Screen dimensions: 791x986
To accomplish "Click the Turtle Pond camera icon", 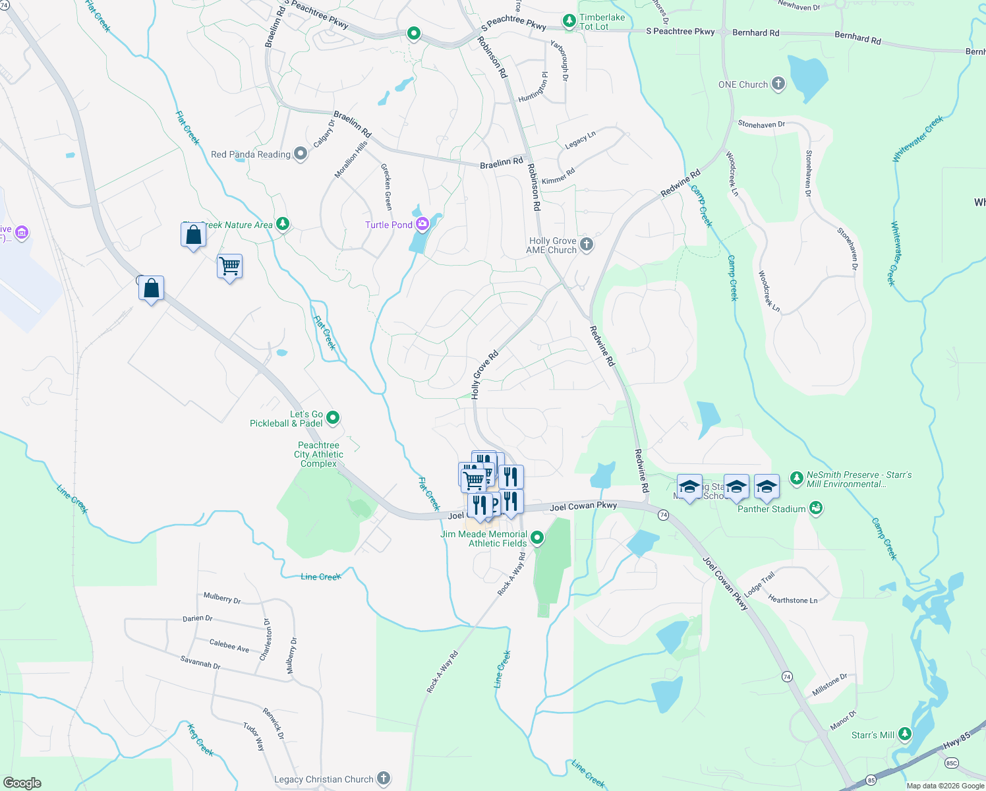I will pyautogui.click(x=422, y=224).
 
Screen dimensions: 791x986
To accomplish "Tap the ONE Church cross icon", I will pyautogui.click(x=778, y=84).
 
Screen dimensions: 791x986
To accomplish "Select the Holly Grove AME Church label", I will pyautogui.click(x=552, y=245).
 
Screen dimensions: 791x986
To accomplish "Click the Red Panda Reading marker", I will pyautogui.click(x=301, y=154).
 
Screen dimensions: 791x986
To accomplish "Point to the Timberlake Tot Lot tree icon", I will pyautogui.click(x=569, y=22).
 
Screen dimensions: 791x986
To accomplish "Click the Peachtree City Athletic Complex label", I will pyautogui.click(x=318, y=454).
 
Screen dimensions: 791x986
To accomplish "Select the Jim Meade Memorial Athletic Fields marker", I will pyautogui.click(x=537, y=538).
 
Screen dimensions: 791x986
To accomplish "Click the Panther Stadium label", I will pyautogui.click(x=771, y=509).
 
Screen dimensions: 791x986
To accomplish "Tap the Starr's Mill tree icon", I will pyautogui.click(x=905, y=734).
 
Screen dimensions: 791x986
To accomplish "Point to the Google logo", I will pyautogui.click(x=22, y=783).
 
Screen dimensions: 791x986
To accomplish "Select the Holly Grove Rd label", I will pyautogui.click(x=484, y=374).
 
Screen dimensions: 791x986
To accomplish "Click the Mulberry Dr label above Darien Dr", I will pyautogui.click(x=222, y=598).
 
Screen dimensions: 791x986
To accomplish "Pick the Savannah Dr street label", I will pyautogui.click(x=200, y=662).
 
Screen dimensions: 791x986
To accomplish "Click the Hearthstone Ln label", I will pyautogui.click(x=792, y=600).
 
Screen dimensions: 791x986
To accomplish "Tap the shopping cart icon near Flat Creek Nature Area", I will pyautogui.click(x=230, y=267).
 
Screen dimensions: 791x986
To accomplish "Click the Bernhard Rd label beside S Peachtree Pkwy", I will pyautogui.click(x=755, y=32).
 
